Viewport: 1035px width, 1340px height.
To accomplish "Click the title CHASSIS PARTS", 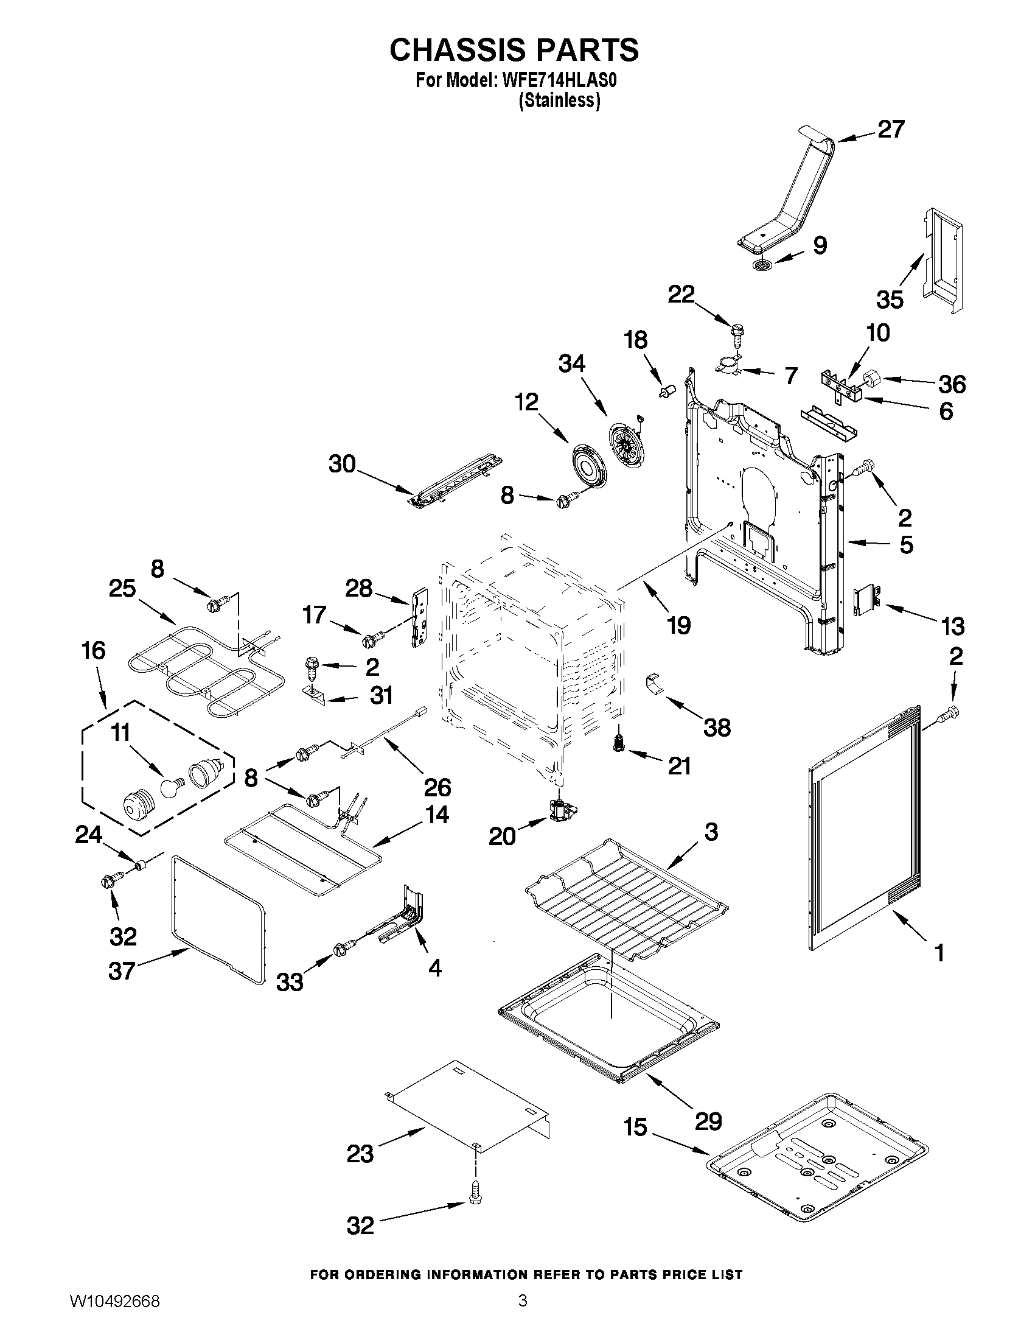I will point(514,51).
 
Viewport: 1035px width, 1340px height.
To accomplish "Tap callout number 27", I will point(890,130).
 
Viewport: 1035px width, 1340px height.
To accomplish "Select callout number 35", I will point(890,300).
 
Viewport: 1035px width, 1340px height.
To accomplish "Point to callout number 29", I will point(708,1121).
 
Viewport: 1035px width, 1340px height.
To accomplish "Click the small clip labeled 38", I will point(654,684).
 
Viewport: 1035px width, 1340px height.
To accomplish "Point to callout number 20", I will point(501,837).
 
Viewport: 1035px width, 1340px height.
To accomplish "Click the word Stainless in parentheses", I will point(559,100).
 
